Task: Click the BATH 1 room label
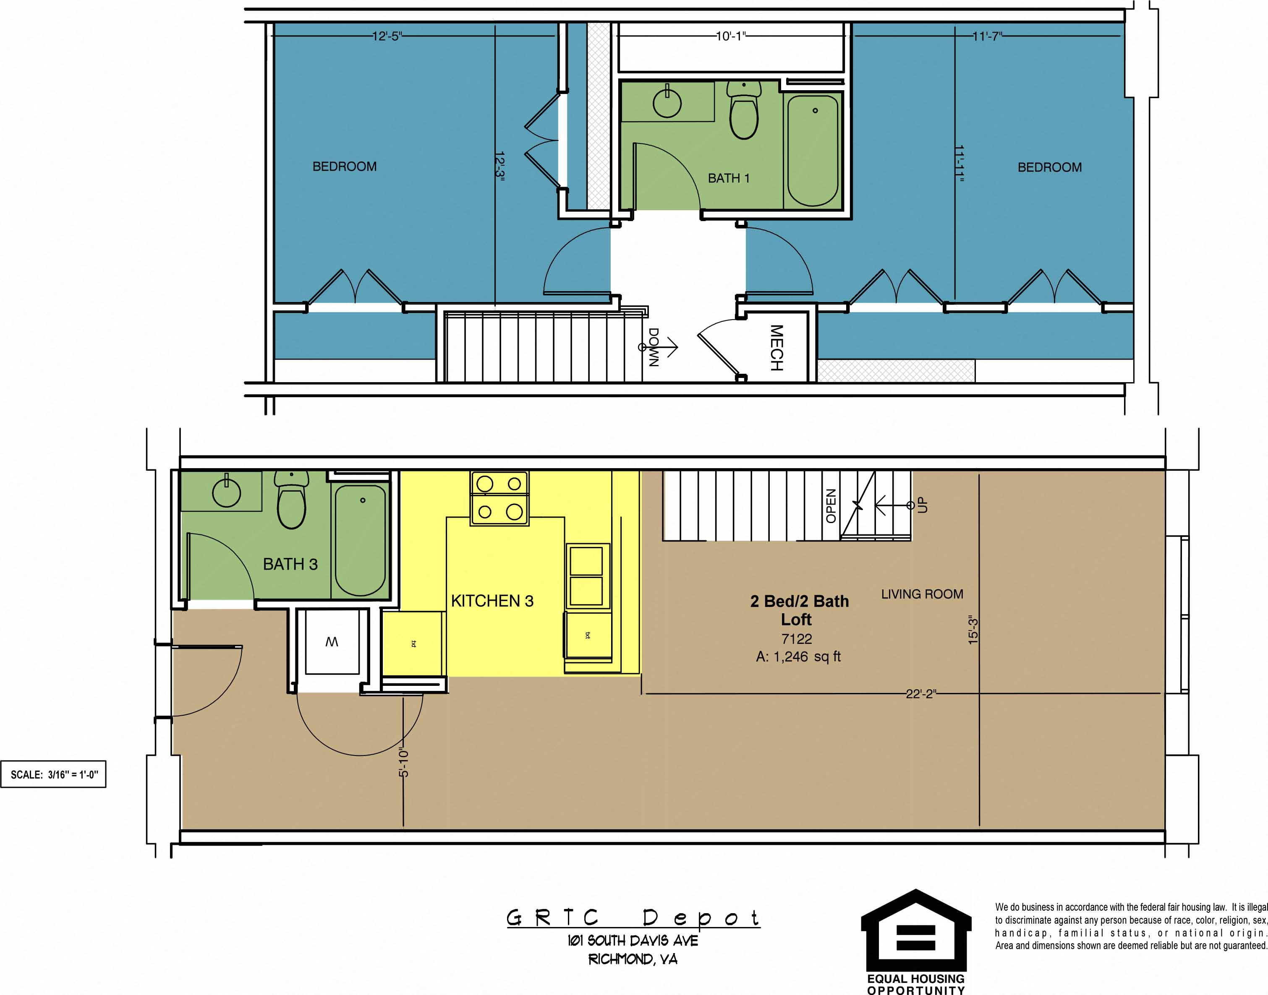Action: (x=728, y=178)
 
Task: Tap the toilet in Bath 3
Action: (x=291, y=501)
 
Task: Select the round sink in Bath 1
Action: (x=667, y=104)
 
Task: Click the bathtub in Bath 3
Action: (x=360, y=540)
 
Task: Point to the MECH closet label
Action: (x=776, y=348)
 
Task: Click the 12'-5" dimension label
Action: (x=387, y=36)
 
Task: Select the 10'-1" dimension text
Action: (x=731, y=36)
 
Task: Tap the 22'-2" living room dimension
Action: (x=920, y=694)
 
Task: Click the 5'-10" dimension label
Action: (x=403, y=763)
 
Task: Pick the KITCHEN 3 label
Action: (x=492, y=601)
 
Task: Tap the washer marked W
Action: (x=332, y=642)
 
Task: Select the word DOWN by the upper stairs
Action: (x=654, y=347)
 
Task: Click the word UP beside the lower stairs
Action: (x=922, y=505)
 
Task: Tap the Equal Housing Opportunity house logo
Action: (x=916, y=931)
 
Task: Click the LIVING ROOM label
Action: (x=922, y=594)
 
